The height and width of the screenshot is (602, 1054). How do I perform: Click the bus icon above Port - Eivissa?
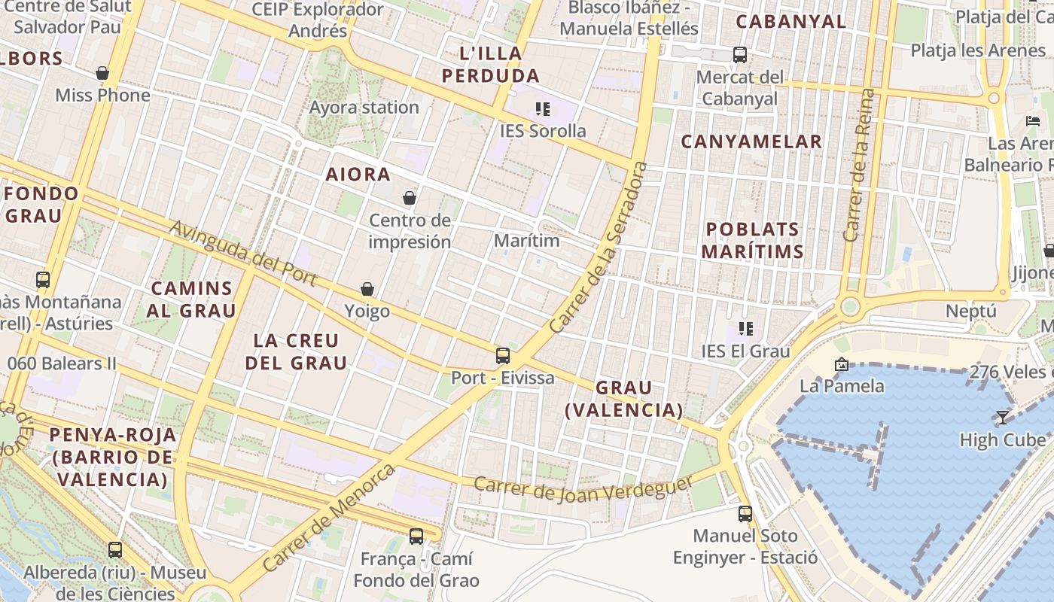[x=503, y=356]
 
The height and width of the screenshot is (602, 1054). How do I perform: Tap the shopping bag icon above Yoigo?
[x=367, y=289]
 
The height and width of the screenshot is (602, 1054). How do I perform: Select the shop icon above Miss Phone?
[x=102, y=73]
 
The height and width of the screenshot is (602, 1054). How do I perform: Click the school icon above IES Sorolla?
[x=543, y=109]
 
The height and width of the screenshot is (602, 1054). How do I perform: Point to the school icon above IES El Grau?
[x=746, y=328]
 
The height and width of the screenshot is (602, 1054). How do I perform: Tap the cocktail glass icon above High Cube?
[x=1003, y=418]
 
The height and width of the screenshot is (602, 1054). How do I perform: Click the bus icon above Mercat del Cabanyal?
[x=740, y=54]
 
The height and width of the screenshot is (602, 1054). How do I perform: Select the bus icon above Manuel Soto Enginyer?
[x=745, y=514]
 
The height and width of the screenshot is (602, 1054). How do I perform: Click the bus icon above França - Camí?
[x=416, y=537]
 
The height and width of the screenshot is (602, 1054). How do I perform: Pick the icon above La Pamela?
[x=842, y=364]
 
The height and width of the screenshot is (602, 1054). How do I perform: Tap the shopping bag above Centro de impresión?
[x=410, y=198]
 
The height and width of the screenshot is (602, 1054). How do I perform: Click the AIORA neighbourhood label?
[x=358, y=175]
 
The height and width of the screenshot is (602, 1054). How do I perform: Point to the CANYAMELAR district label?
[x=751, y=141]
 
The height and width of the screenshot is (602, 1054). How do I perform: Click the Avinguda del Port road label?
[x=243, y=252]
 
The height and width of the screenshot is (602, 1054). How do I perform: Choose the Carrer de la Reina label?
[x=860, y=166]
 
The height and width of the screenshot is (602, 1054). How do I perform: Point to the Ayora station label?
[x=364, y=108]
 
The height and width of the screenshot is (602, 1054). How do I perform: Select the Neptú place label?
[x=971, y=311]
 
